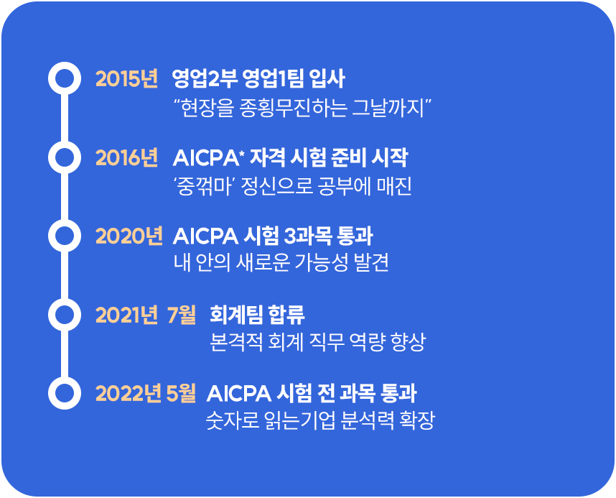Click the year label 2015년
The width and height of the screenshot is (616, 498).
[x=126, y=78]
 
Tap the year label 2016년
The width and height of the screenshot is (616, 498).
[x=126, y=157]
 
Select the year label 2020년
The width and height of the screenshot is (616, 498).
[x=129, y=236]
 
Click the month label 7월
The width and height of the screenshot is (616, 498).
[x=182, y=315]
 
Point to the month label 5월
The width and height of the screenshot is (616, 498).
[x=181, y=393]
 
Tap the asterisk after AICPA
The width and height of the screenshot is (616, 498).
[x=242, y=152]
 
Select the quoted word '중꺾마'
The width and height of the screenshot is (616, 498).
[x=204, y=186]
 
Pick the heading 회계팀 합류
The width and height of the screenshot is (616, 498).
[x=257, y=315]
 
